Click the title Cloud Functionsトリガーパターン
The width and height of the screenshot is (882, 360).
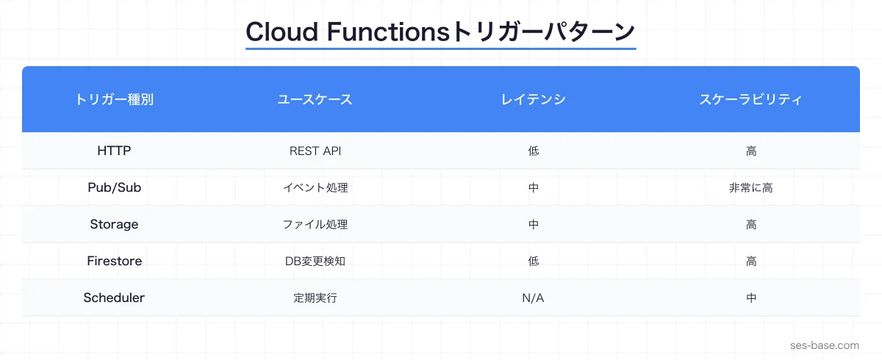tap(440, 32)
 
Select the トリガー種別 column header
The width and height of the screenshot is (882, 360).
tap(114, 100)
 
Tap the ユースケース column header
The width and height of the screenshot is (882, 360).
tap(315, 100)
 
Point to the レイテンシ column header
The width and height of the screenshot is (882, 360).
tap(533, 100)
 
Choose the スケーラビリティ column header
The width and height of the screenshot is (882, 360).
tap(750, 100)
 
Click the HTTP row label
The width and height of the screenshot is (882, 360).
tap(114, 151)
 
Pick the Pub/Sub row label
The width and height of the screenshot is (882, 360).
tap(114, 187)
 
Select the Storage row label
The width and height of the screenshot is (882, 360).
tap(114, 224)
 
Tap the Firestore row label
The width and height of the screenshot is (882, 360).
tap(114, 261)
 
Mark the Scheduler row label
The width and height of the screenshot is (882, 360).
tap(114, 298)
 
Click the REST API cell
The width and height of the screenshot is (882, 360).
tap(315, 151)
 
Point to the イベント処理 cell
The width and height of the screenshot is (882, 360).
tap(315, 188)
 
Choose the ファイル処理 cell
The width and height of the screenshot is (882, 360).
tap(315, 225)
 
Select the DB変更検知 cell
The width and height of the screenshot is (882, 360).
tap(315, 262)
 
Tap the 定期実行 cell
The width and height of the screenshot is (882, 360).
tap(315, 298)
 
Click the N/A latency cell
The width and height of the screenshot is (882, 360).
tap(533, 298)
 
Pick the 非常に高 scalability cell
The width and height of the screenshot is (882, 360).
tap(750, 188)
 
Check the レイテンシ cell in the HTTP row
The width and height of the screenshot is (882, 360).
tap(533, 151)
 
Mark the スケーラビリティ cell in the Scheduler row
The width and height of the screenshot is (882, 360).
tap(750, 298)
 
